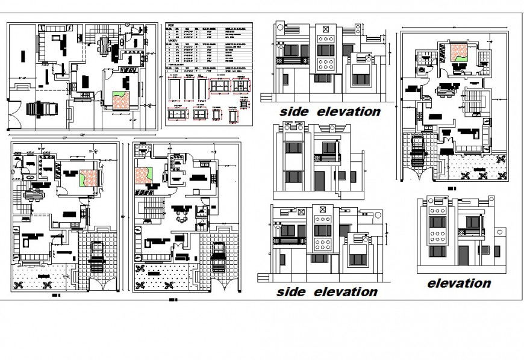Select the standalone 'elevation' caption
pyautogui.click(x=459, y=283)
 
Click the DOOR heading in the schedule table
pyautogui.click(x=171, y=25)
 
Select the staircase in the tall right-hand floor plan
pyautogui.click(x=472, y=96)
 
